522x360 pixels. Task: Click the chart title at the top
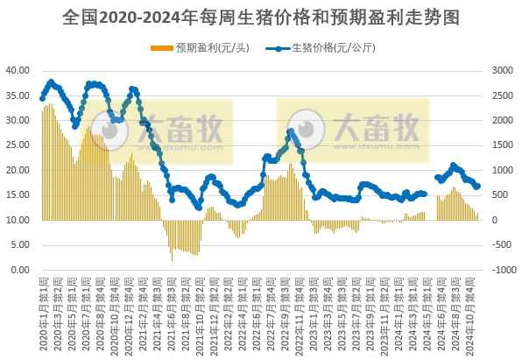coord(261,17)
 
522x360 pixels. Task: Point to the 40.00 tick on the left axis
coord(18,69)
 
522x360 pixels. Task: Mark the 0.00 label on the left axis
coord(19,270)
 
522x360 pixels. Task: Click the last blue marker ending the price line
coord(477,186)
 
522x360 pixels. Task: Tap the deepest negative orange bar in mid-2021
coord(172,259)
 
